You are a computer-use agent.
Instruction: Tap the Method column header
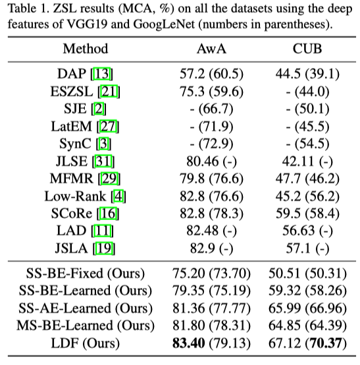click(86, 49)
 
